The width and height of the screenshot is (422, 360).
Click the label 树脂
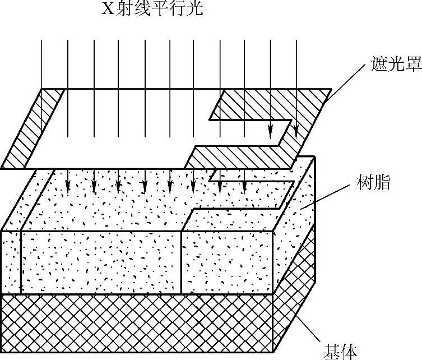(x=373, y=183)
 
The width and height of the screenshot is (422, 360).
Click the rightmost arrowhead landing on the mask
(x=295, y=133)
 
